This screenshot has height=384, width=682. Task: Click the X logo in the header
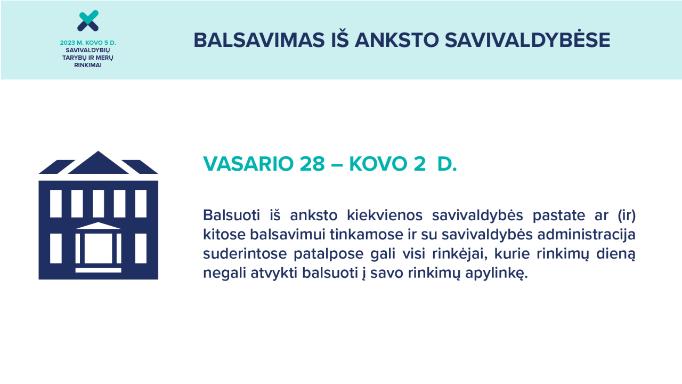(88, 21)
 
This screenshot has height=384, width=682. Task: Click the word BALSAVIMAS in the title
(259, 40)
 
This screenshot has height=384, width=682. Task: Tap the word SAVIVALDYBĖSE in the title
(527, 39)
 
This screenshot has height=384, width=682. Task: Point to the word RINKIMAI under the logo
(88, 65)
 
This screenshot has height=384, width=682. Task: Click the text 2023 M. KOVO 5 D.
(88, 43)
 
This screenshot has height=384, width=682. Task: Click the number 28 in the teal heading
(312, 164)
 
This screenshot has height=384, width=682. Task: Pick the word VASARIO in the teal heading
(248, 164)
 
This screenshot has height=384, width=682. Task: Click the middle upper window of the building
(98, 204)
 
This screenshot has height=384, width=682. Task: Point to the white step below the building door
(98, 270)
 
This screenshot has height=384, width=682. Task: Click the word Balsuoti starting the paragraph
(231, 215)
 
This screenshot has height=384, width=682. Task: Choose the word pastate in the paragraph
(559, 216)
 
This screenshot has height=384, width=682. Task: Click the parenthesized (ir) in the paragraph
(627, 215)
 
